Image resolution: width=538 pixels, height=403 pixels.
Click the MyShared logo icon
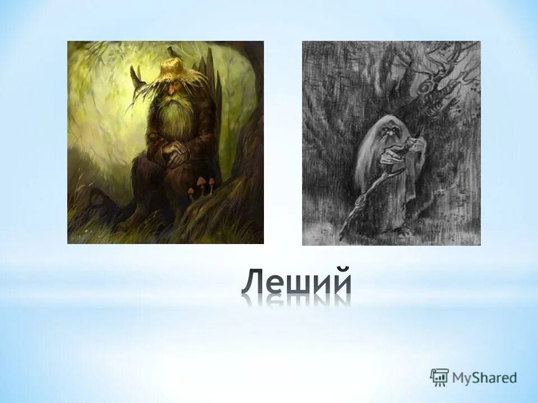pyautogui.click(x=439, y=377)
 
